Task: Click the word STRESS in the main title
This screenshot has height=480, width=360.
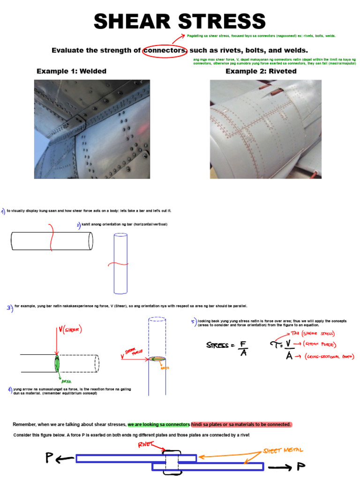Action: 220,22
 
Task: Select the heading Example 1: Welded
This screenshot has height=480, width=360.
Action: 71,71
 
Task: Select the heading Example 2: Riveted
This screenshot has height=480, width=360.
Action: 261,71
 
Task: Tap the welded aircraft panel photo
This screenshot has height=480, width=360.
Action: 92,129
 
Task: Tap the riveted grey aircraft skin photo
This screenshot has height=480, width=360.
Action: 266,129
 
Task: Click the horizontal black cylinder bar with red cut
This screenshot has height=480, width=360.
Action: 52,240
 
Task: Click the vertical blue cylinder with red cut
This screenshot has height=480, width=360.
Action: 120,263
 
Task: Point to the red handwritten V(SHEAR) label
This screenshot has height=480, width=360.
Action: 70,330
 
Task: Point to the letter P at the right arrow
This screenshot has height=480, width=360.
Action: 301,466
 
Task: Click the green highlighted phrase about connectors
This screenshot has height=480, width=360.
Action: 158,424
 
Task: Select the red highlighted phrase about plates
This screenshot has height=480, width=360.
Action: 241,424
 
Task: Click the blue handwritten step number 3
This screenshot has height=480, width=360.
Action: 9,308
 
